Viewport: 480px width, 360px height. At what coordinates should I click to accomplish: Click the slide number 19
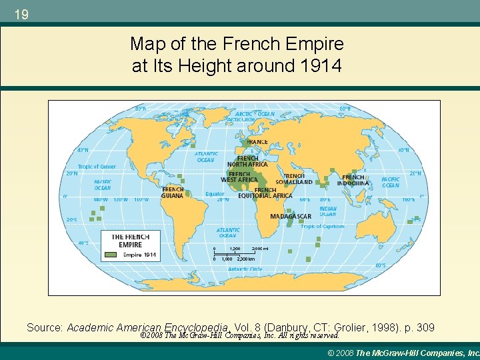(x=21, y=13)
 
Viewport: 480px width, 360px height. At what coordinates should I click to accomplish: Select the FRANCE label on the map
(x=257, y=141)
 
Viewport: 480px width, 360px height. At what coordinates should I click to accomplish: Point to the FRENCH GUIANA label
(x=173, y=192)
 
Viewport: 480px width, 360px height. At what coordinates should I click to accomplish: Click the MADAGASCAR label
(x=291, y=216)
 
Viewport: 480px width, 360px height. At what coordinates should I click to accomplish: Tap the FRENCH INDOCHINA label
(x=353, y=180)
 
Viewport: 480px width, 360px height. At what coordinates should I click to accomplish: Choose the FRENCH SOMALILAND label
(x=294, y=179)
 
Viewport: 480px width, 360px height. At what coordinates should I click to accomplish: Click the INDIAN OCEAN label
(x=327, y=211)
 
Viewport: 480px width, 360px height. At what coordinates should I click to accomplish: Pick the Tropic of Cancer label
(x=97, y=166)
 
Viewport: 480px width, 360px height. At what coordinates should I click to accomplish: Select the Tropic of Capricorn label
(x=322, y=227)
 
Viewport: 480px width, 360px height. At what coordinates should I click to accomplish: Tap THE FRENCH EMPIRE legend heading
(x=131, y=241)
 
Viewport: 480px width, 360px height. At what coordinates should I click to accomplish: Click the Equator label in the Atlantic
(x=215, y=194)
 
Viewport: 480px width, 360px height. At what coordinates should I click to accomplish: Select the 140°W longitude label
(x=101, y=199)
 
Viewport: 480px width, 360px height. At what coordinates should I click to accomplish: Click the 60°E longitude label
(x=305, y=199)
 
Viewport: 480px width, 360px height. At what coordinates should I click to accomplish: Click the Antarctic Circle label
(x=245, y=269)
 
